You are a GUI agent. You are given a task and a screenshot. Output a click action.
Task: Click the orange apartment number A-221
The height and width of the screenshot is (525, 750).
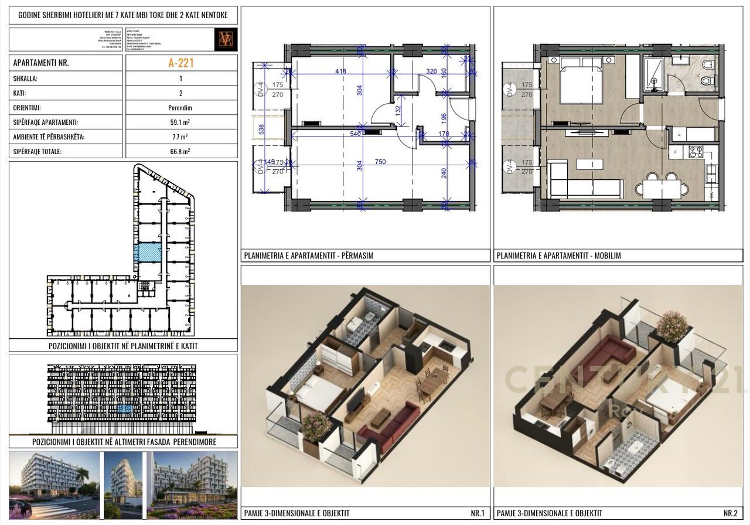pyautogui.click(x=181, y=63)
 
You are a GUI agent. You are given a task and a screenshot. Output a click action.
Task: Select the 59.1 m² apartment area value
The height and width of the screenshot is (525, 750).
pyautogui.click(x=181, y=123)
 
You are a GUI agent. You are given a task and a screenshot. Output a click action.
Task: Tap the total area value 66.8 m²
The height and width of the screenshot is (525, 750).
pyautogui.click(x=181, y=151)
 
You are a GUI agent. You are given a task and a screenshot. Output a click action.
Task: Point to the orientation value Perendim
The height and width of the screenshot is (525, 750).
pyautogui.click(x=181, y=108)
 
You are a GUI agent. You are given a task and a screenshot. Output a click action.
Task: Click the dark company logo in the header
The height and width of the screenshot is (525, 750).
pyautogui.click(x=226, y=39)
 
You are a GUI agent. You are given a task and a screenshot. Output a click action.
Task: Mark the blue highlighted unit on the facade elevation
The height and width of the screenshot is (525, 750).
pyautogui.click(x=124, y=408)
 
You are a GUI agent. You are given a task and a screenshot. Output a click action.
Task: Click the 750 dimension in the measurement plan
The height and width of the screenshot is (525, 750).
pyautogui.click(x=380, y=162)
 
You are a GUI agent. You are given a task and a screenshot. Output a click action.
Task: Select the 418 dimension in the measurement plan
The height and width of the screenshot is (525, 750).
pyautogui.click(x=340, y=71)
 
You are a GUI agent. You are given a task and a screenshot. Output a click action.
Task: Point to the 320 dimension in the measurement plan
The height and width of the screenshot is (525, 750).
pyautogui.click(x=431, y=71)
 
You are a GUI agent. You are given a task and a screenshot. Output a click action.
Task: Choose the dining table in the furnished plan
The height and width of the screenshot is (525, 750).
pyautogui.click(x=662, y=189)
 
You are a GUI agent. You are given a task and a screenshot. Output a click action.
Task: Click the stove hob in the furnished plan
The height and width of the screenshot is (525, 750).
pyautogui.click(x=695, y=152)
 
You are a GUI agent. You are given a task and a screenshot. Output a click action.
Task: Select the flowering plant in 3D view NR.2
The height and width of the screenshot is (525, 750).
pyautogui.click(x=673, y=325)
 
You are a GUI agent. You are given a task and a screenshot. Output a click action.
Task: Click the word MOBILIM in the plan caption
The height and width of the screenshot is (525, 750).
pyautogui.click(x=607, y=255)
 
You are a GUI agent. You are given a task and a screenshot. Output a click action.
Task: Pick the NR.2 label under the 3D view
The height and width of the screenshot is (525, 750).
pyautogui.click(x=731, y=514)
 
